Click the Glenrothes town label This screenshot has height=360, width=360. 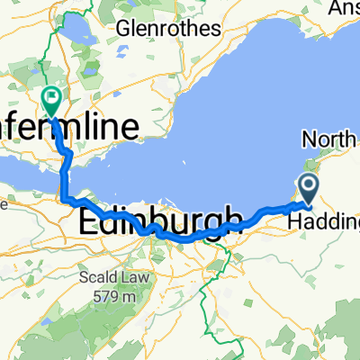(168, 28)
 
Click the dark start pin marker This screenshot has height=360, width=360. (307, 189)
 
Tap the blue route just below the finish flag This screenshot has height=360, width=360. (57, 126)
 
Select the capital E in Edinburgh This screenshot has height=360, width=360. (88, 220)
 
